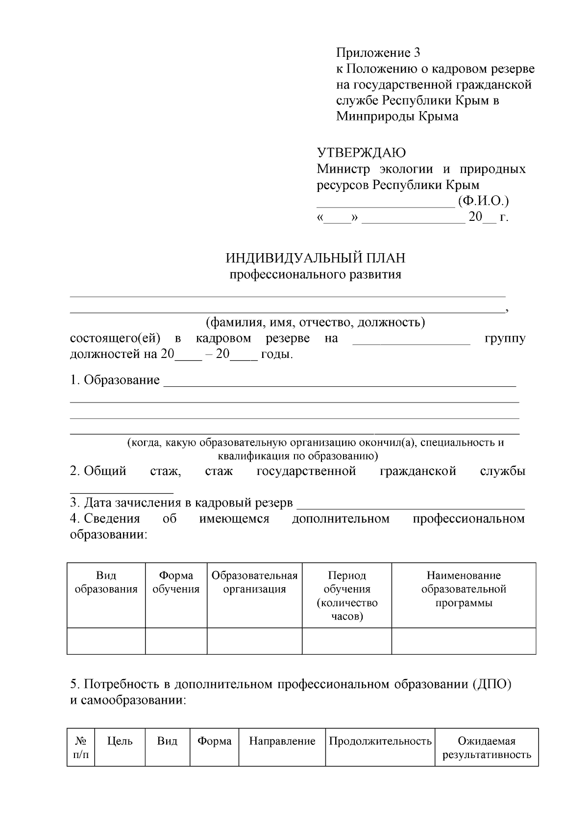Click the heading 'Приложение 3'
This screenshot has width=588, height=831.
tap(378, 52)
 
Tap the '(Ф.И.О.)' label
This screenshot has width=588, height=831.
tap(483, 201)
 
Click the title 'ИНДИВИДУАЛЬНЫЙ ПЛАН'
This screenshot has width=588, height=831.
tap(315, 258)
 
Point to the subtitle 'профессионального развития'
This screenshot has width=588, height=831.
tap(316, 274)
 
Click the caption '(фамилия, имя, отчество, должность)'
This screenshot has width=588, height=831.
tap(315, 322)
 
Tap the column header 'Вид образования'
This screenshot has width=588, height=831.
tap(106, 582)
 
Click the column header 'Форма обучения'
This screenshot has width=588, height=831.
tap(176, 582)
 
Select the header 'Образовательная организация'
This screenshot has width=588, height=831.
tap(254, 582)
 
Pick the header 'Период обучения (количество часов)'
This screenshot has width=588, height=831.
tap(347, 595)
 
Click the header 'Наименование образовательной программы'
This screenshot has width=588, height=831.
tap(464, 589)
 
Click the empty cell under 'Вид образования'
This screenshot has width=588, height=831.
tap(106, 641)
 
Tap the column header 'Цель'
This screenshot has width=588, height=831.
tap(120, 741)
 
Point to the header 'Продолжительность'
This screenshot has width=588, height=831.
tap(380, 741)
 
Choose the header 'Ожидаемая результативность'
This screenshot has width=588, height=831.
tap(487, 748)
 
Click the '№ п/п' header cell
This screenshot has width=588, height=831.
tap(81, 748)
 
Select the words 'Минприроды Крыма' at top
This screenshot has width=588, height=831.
tap(397, 117)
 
